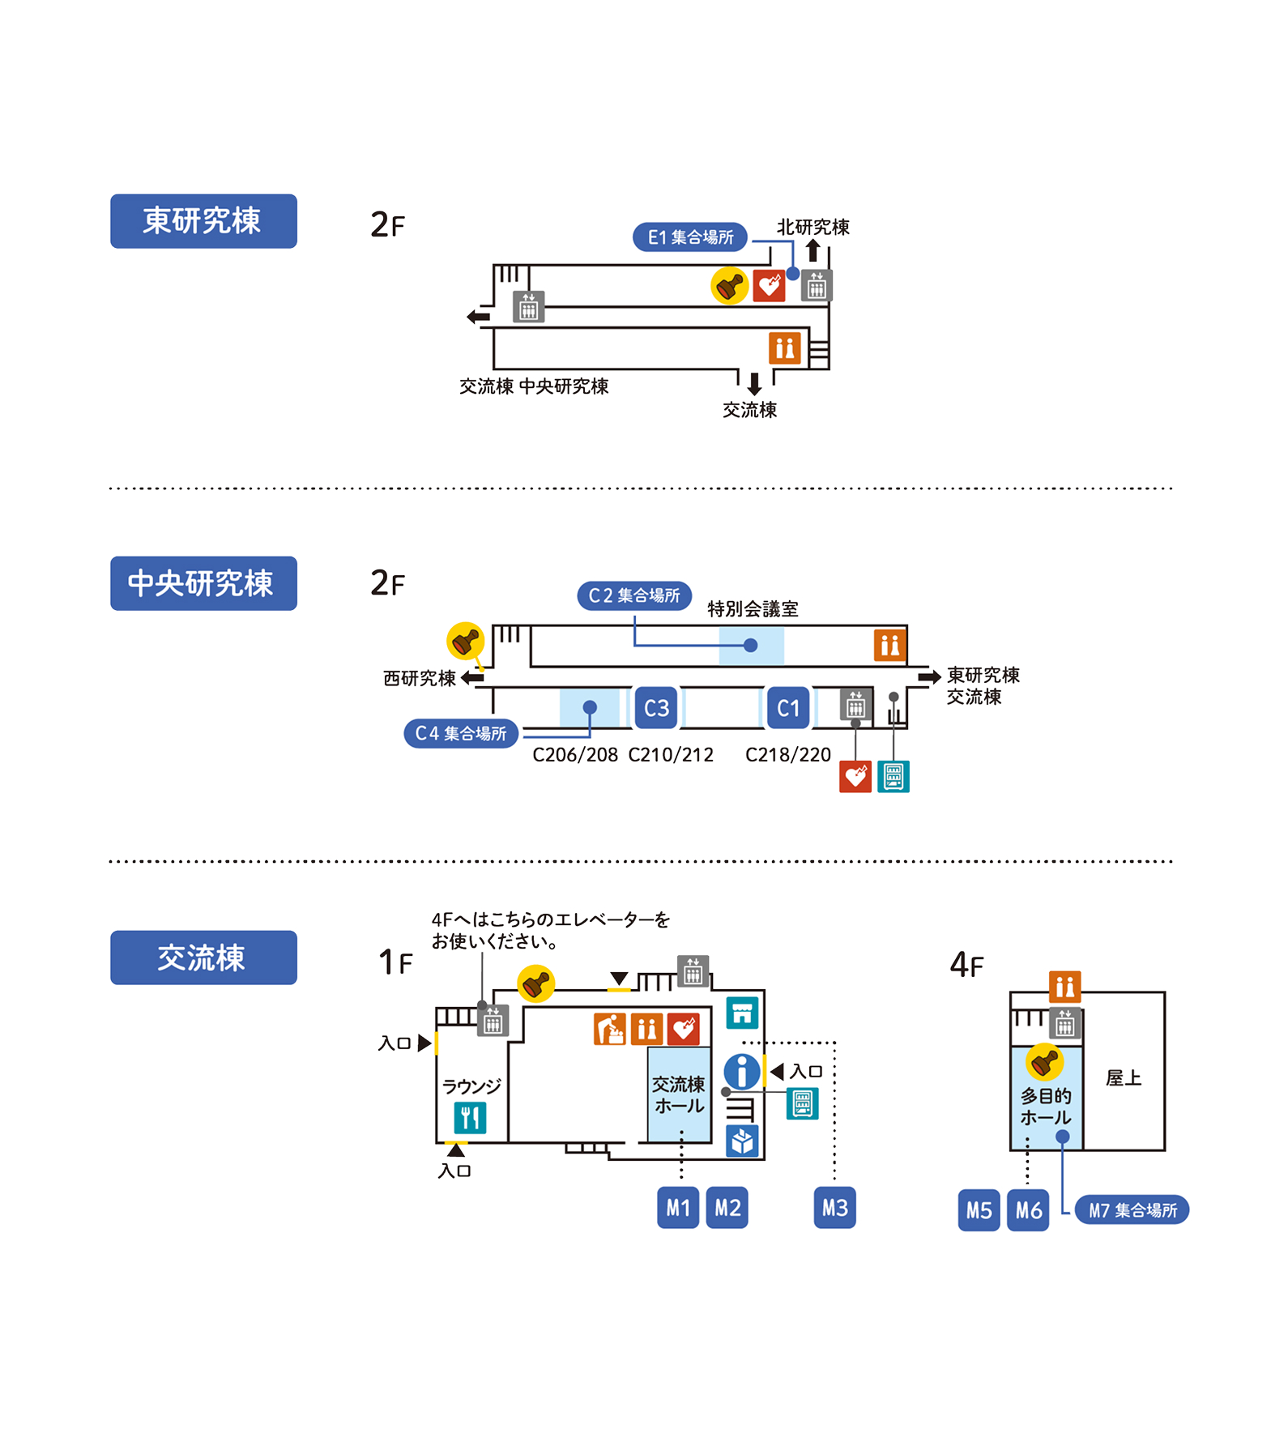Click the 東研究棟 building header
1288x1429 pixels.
(203, 221)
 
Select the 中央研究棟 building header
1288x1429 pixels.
(203, 583)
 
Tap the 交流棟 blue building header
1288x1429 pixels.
(203, 958)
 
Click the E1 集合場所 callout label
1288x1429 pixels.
(689, 237)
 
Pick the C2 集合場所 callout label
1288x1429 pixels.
(634, 595)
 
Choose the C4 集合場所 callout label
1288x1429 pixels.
(460, 733)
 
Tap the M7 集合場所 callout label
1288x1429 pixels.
(1132, 1210)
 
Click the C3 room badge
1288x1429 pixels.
(656, 708)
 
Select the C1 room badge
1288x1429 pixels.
(788, 708)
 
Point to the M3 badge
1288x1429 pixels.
(834, 1208)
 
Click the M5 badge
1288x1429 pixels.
(979, 1210)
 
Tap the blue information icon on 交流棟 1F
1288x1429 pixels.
(742, 1072)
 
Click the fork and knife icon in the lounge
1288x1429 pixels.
(470, 1118)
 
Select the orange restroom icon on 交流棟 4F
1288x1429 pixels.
(1064, 986)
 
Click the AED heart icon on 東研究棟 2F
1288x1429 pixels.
(769, 285)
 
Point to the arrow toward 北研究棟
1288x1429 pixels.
(812, 250)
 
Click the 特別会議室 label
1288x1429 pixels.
(753, 609)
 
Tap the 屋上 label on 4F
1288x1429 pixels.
(1124, 1078)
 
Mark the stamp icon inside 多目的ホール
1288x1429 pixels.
(1044, 1062)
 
